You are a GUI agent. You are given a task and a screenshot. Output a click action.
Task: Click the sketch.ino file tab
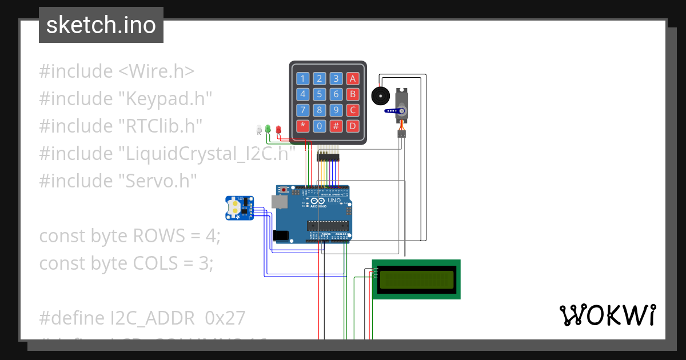pos(101,25)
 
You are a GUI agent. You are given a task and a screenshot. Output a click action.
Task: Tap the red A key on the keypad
pos(353,79)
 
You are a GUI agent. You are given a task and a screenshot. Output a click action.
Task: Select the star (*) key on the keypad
pos(303,126)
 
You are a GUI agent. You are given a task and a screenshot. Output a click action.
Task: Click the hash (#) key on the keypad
pos(337,126)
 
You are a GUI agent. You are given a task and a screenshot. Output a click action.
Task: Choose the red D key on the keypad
pos(353,126)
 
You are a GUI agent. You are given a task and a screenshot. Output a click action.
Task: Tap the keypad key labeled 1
pos(303,79)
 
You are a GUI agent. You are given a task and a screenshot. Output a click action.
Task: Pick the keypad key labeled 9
pos(337,110)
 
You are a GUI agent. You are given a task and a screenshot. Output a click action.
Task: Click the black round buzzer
pos(380,95)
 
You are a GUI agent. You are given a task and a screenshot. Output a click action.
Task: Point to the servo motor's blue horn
pos(393,111)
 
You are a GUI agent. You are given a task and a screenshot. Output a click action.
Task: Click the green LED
pos(268,129)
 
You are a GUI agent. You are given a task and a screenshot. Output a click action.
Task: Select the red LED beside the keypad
pos(278,130)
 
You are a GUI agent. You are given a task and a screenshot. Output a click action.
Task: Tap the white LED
pos(258,130)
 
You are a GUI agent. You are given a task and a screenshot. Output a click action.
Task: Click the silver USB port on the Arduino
pos(280,202)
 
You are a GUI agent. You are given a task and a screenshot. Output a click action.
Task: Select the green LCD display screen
pos(416,279)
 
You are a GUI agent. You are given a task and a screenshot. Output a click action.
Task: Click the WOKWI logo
pos(607,315)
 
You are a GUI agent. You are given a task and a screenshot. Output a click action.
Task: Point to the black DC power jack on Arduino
pos(281,235)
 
